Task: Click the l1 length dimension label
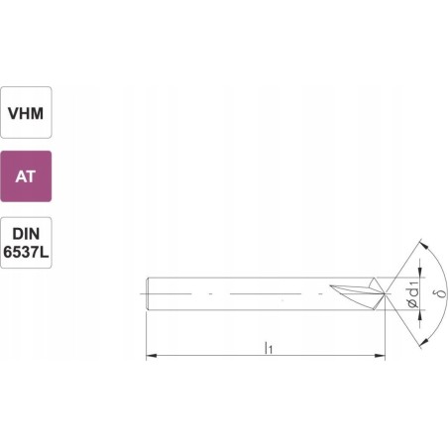tap(269, 347)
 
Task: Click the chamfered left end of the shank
tap(147, 294)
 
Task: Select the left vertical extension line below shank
tap(146, 337)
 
